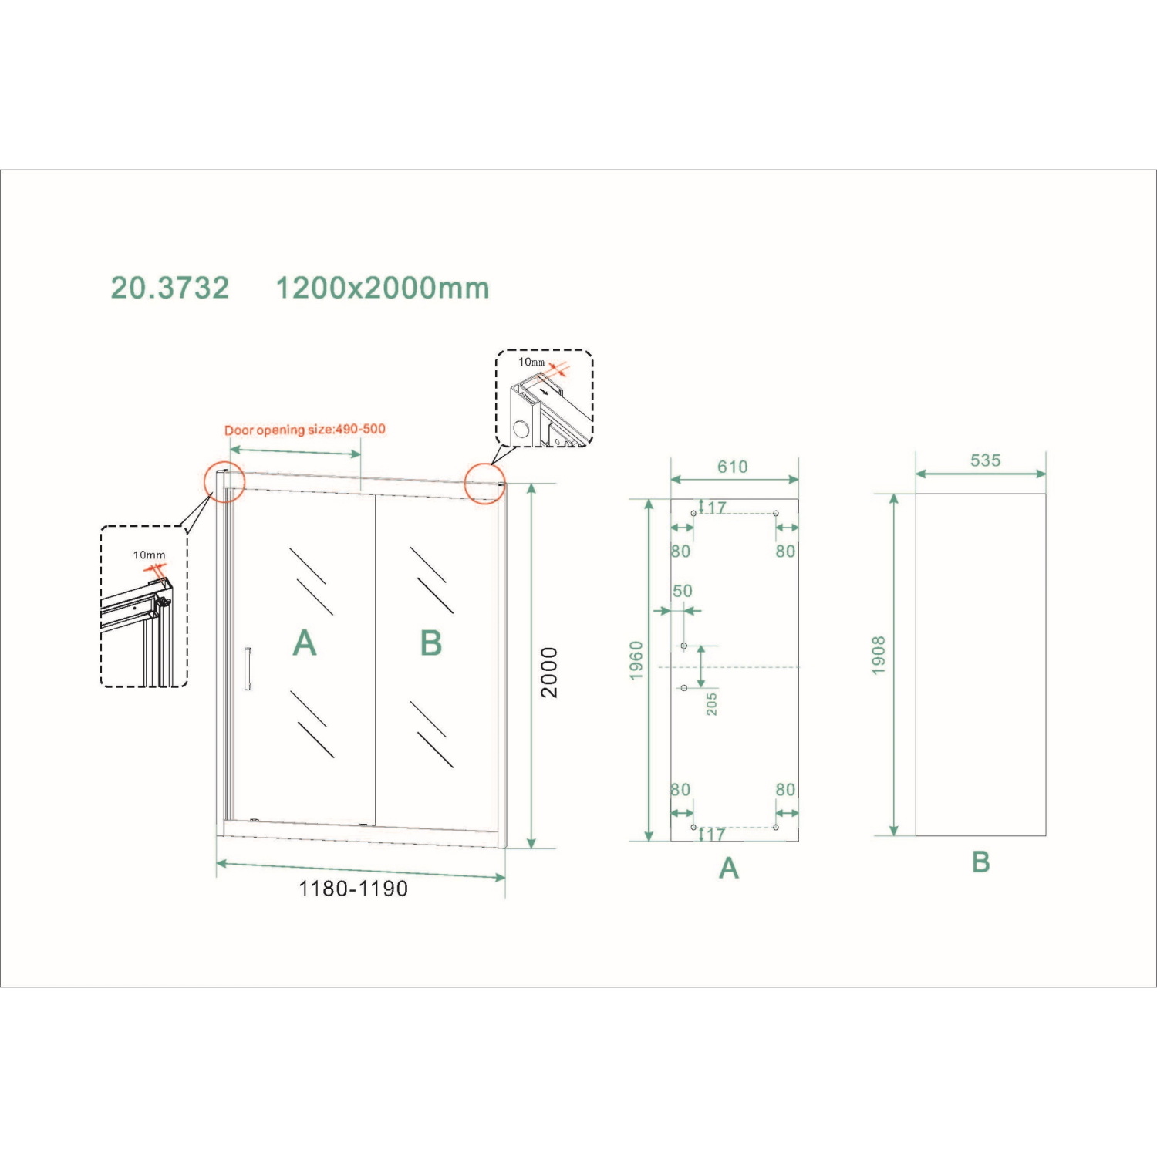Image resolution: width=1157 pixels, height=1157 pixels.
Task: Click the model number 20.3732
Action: tap(170, 288)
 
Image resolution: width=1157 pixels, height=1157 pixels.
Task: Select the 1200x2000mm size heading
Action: tap(383, 288)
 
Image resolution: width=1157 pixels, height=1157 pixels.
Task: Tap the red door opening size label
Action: tap(305, 430)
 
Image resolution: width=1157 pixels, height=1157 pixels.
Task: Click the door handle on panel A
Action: tap(248, 668)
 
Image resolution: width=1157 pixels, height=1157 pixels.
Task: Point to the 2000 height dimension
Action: tap(548, 673)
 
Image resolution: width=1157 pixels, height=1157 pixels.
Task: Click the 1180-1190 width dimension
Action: tap(353, 889)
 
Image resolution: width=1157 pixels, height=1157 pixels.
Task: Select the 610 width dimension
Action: tap(733, 467)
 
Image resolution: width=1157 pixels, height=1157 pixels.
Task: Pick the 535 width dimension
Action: tap(986, 460)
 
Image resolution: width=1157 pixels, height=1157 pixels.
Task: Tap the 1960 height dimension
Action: tap(636, 661)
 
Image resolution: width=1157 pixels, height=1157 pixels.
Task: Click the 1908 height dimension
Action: tap(879, 656)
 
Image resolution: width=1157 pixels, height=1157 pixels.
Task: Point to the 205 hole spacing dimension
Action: tap(712, 703)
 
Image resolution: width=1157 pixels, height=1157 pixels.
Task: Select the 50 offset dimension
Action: tap(683, 591)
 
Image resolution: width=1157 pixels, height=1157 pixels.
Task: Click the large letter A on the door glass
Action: tap(305, 643)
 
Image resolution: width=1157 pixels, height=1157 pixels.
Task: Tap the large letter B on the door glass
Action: tap(431, 643)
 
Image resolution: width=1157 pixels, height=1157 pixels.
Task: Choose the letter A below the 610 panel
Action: tap(729, 869)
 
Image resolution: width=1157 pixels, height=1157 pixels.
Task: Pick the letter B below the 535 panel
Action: tap(980, 862)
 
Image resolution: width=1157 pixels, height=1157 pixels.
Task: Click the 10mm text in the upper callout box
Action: tap(531, 362)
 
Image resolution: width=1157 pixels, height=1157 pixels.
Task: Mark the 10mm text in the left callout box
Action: tap(149, 555)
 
